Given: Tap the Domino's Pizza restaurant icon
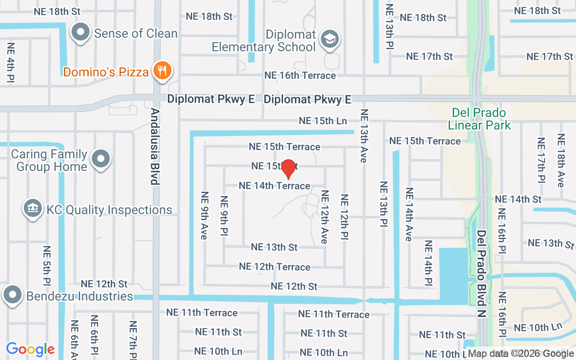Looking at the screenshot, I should point(161,71).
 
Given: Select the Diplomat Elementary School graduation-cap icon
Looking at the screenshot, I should point(329,39).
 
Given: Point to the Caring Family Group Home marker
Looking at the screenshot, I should point(101,159).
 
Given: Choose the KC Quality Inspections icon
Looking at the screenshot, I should point(32,208).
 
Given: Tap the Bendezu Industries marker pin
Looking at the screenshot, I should point(12,295).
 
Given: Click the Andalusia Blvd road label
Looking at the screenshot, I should point(155,146).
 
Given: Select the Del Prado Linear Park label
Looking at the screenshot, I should point(479,119).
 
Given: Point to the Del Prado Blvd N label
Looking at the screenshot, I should point(482,274).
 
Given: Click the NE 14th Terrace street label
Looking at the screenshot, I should point(274,185).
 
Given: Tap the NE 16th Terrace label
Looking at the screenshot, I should point(300,75).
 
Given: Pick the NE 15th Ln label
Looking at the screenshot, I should point(323,121).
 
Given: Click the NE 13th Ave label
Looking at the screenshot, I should point(364,135).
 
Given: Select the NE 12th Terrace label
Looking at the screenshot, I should point(274,266).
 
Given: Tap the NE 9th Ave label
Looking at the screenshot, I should point(205,215).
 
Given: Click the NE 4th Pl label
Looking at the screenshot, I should point(11,62).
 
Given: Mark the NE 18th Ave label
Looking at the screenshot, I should point(561,160).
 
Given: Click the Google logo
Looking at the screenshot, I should point(30,349).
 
